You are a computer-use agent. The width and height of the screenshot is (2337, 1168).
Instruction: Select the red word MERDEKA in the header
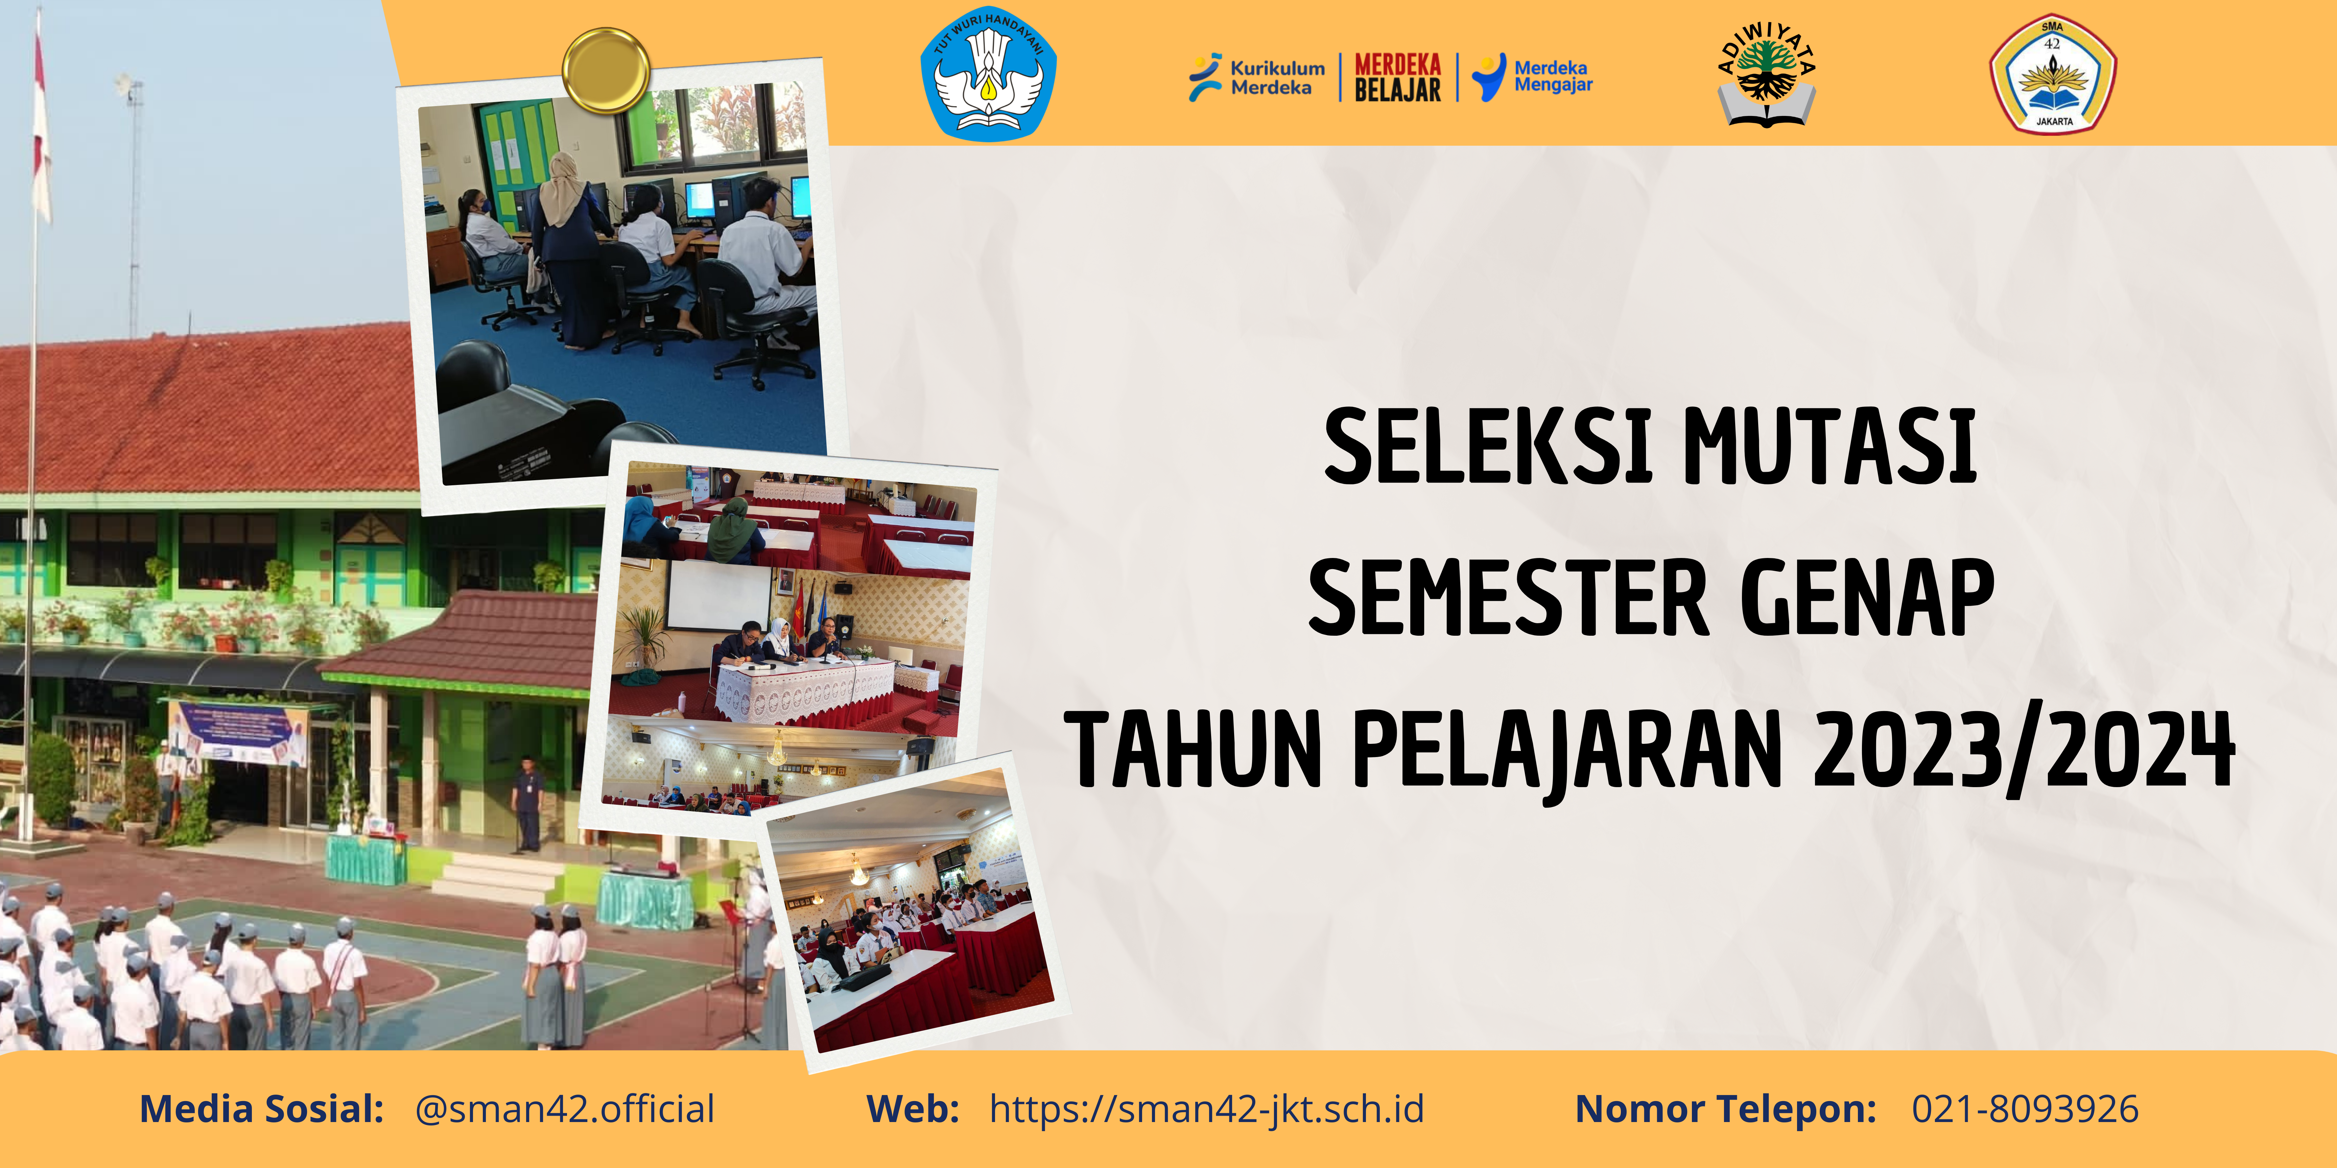click(1397, 65)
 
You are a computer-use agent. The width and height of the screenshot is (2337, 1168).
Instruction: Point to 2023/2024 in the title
click(2023, 750)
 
